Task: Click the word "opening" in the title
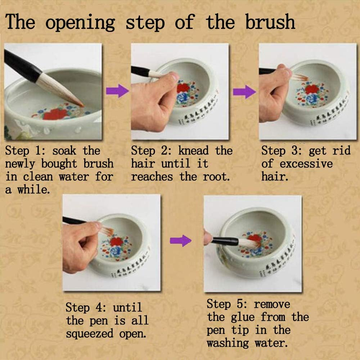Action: [x=80, y=22]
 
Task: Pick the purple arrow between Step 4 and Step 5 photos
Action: [x=180, y=240]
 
